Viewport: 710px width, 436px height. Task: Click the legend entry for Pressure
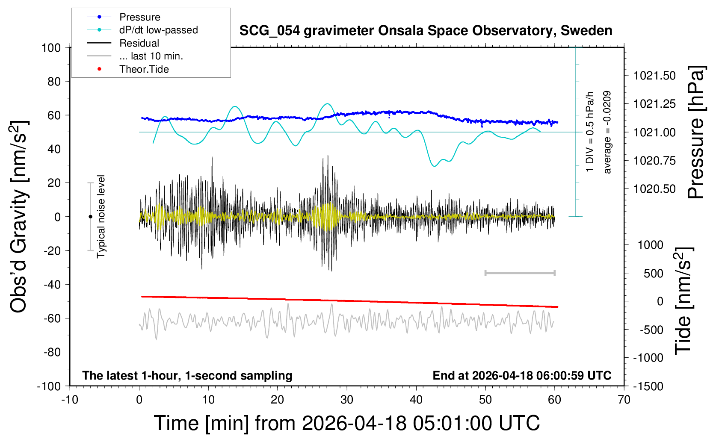(x=139, y=17)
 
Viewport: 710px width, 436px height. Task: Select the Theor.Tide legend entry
(x=144, y=69)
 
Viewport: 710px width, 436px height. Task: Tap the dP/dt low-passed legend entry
(x=158, y=30)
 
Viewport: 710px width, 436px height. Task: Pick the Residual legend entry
(x=139, y=43)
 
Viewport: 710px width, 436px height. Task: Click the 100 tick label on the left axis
(x=51, y=47)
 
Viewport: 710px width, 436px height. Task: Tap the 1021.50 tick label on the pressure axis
(x=654, y=76)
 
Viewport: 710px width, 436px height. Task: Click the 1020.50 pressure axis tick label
(x=654, y=189)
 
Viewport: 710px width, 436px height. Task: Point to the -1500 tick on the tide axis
(x=648, y=386)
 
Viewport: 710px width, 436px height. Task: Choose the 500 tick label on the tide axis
(x=654, y=274)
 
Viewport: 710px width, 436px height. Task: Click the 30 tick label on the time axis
(x=347, y=400)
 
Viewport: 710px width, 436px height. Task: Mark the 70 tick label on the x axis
(x=624, y=400)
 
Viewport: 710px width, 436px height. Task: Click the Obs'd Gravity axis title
(x=19, y=217)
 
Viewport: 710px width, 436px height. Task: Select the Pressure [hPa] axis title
(x=695, y=133)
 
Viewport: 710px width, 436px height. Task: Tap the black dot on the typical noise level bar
(x=90, y=217)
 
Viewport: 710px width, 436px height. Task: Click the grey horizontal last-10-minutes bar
(x=520, y=273)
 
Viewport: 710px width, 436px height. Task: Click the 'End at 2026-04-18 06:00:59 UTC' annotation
(x=522, y=376)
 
